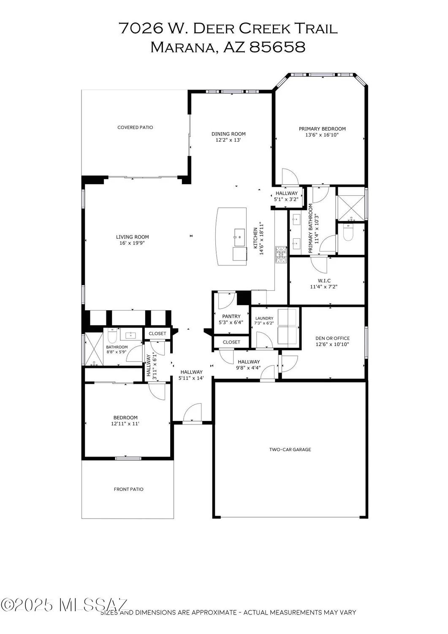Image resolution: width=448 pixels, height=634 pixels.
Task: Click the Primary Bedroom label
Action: [x=322, y=129]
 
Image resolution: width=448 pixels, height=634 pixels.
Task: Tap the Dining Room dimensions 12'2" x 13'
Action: [x=228, y=140]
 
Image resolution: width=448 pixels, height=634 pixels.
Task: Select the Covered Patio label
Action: [x=135, y=127]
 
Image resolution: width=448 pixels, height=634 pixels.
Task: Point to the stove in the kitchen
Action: [x=281, y=255]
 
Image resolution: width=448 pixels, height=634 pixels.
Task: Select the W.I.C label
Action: [x=324, y=281]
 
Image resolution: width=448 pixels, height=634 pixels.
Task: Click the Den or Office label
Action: [x=333, y=338]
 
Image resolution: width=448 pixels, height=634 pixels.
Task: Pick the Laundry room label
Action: [x=264, y=318]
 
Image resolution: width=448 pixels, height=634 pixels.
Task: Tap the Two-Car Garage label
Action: [x=290, y=449]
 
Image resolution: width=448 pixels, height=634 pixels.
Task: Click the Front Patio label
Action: [x=129, y=489]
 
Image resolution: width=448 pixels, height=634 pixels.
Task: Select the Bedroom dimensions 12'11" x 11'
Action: [x=125, y=424]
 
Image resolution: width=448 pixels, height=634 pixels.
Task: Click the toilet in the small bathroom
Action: [x=112, y=336]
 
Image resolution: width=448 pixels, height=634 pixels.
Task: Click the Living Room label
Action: [x=133, y=237]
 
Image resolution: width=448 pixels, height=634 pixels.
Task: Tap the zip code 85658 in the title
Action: [x=277, y=47]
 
